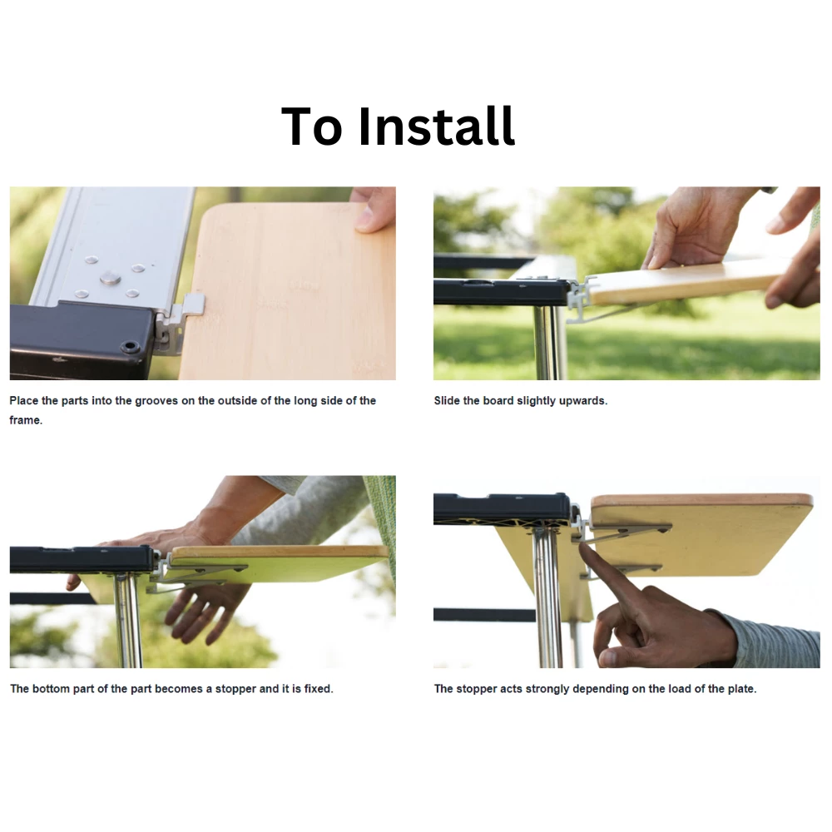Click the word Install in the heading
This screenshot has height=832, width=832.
click(x=436, y=126)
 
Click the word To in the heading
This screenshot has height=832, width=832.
click(x=311, y=126)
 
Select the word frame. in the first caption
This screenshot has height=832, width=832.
click(x=26, y=420)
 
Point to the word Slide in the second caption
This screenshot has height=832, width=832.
click(x=447, y=401)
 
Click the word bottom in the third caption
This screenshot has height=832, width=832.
click(x=51, y=689)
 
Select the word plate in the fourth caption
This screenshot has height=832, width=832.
click(x=740, y=689)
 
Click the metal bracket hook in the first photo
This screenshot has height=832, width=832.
click(x=181, y=321)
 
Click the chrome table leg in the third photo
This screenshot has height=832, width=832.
click(x=128, y=620)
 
